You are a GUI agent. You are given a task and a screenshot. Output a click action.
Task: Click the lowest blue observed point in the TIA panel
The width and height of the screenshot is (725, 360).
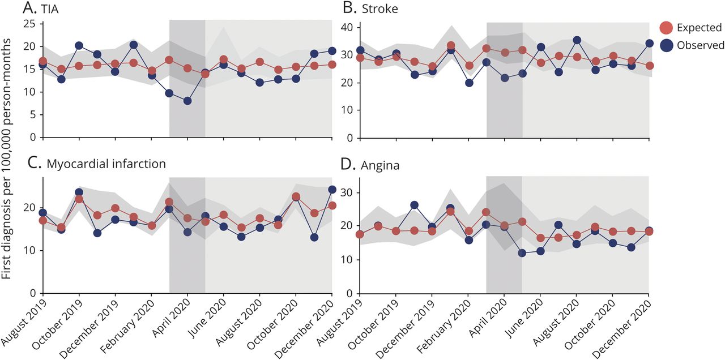[x=187, y=101]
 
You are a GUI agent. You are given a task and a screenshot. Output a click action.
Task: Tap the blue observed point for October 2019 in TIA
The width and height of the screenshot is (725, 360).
[x=79, y=46]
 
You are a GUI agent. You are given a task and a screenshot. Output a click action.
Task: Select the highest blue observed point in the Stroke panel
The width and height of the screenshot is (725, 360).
[x=577, y=40]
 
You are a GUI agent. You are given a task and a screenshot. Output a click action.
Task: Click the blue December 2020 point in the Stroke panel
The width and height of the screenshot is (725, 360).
[x=649, y=43]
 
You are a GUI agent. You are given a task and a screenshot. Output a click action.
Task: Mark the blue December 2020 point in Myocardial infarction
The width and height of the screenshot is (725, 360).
[x=332, y=190]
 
